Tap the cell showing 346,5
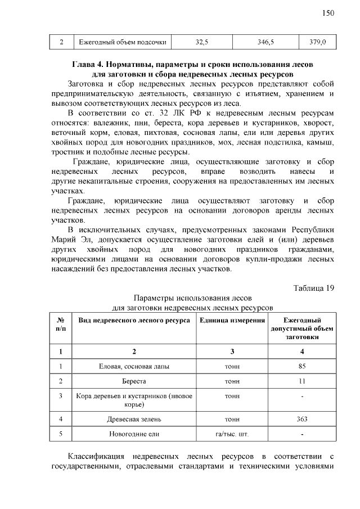[x=265, y=42]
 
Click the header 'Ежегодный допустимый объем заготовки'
[x=302, y=328]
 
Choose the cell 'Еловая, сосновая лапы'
[x=134, y=366]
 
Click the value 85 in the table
[x=302, y=366]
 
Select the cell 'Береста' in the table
[x=134, y=381]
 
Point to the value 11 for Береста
[x=302, y=381]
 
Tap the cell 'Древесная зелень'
[x=134, y=419]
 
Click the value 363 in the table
[x=302, y=419]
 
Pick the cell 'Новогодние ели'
[x=134, y=434]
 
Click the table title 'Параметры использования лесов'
[x=193, y=298]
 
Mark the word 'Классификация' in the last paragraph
[x=96, y=456]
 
